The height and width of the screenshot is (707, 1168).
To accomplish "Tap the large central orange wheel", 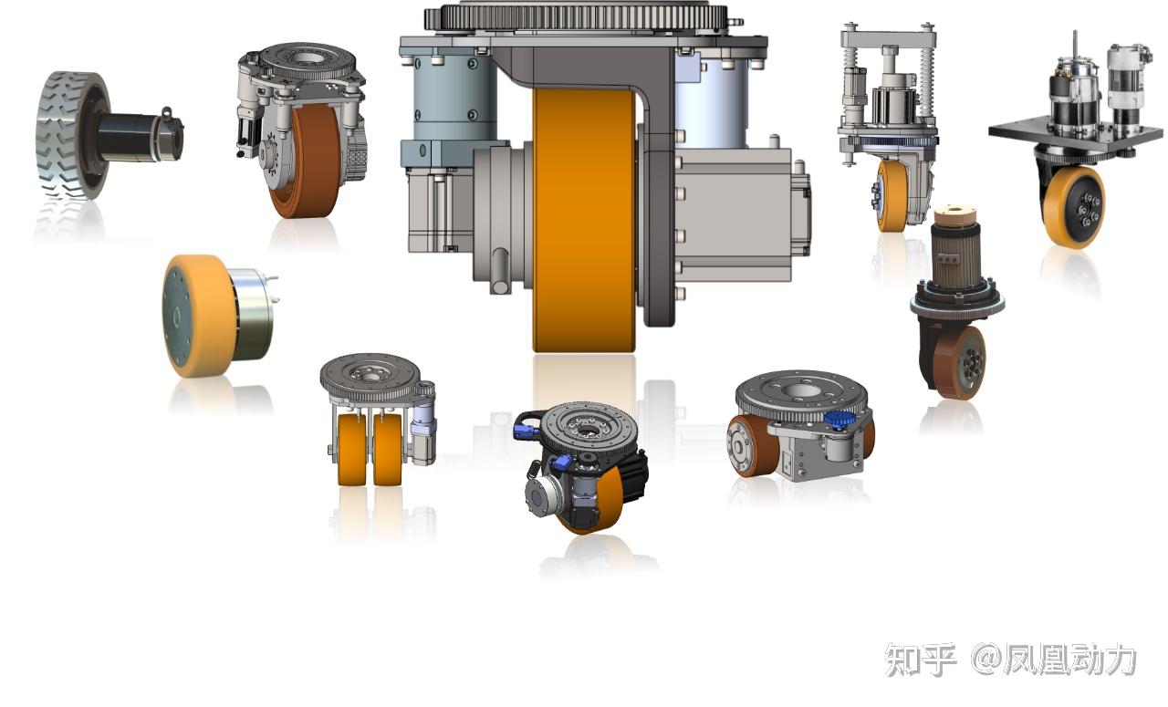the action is [584, 219].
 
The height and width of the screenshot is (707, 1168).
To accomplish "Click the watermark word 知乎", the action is [921, 660].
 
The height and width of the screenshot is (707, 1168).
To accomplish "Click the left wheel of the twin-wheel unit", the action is [351, 450].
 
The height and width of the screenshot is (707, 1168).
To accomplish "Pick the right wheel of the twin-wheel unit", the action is [388, 450].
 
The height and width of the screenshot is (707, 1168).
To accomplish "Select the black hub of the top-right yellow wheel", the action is [1087, 206].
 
